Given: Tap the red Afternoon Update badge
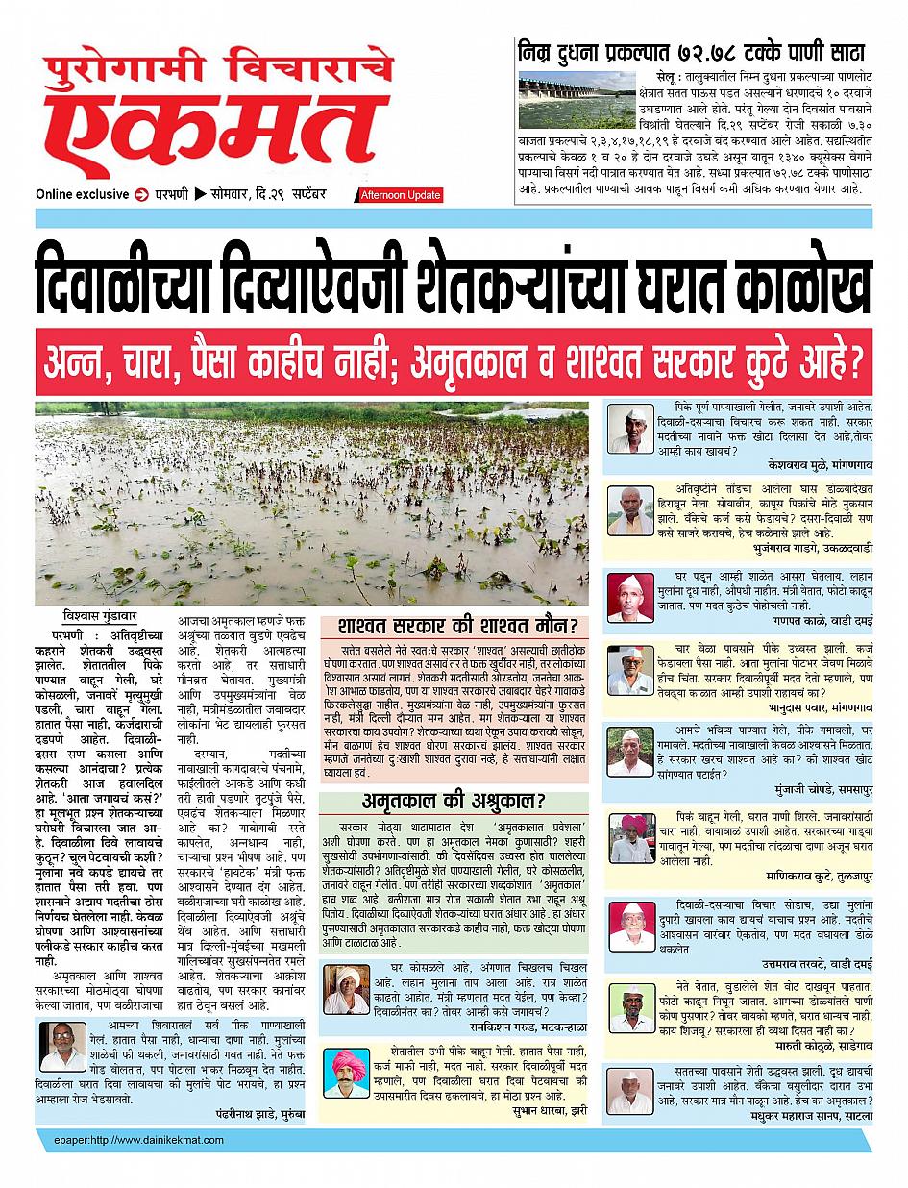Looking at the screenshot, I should (401, 195).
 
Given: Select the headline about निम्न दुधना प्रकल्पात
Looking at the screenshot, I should (691, 50).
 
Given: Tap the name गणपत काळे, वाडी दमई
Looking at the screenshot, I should (819, 624).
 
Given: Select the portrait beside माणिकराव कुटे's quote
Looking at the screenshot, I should (631, 838).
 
